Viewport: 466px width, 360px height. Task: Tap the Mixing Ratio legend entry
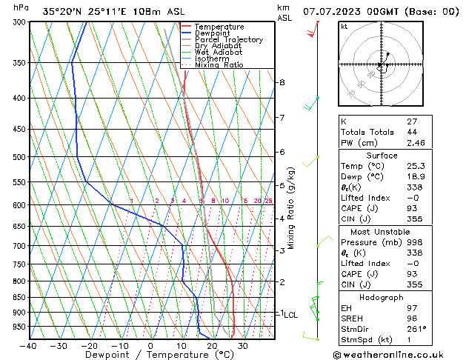pyautogui.click(x=219, y=64)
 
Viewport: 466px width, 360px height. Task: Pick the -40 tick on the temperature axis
pyautogui.click(x=28, y=346)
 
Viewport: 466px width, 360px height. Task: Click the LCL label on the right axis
pyautogui.click(x=290, y=314)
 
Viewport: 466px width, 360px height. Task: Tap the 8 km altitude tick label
pyautogui.click(x=282, y=82)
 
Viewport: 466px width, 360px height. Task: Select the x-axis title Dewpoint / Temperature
pyautogui.click(x=150, y=355)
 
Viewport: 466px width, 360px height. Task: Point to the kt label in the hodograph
pyautogui.click(x=344, y=26)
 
